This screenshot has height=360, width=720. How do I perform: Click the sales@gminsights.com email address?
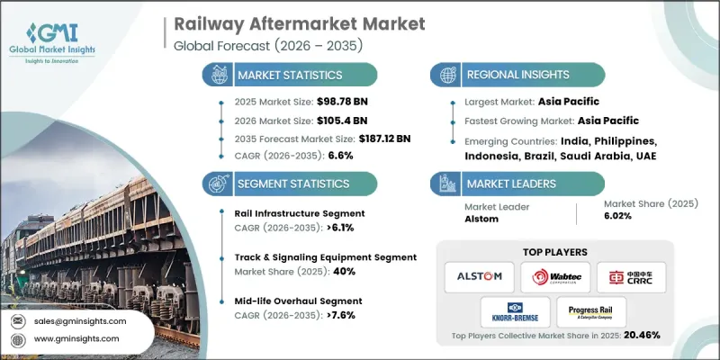[78, 320]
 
